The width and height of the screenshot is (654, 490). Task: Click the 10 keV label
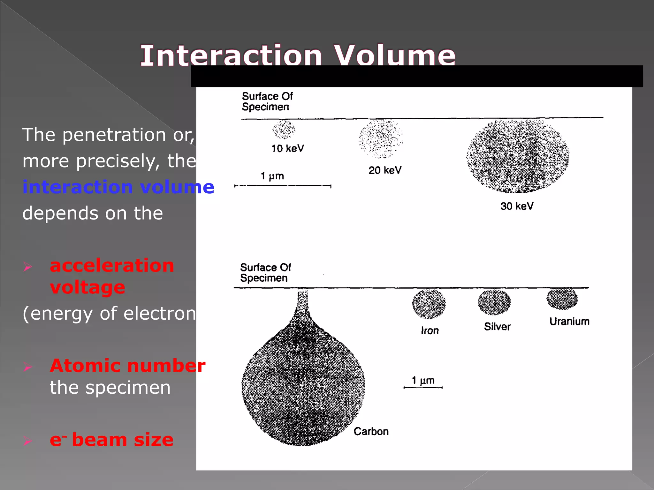pos(287,148)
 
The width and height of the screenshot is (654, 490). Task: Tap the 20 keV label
pos(385,170)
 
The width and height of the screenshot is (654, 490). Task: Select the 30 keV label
pos(517,206)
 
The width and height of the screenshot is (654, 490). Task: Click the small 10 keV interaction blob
pos(284,130)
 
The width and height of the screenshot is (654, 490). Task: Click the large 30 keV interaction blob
pos(517,156)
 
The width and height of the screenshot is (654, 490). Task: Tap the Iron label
pos(430,330)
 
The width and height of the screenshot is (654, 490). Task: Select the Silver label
pos(497,326)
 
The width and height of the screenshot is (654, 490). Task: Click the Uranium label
pos(569,321)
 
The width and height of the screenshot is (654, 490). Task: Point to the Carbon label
pos(371,431)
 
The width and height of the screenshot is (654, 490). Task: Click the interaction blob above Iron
pos(429,304)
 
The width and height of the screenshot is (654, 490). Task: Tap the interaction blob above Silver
pos(494,302)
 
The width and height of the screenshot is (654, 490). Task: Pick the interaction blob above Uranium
pos(562,299)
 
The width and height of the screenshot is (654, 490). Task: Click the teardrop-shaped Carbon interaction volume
pos(303,383)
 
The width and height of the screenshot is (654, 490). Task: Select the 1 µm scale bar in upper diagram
pos(283,186)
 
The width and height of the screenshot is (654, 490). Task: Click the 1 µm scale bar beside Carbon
pos(423,388)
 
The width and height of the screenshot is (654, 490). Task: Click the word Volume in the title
pos(395,56)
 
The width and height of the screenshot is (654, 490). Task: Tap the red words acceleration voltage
pos(112,276)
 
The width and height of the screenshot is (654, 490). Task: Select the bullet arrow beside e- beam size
pos(28,441)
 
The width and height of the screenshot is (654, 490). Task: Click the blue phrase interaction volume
pos(118,187)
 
